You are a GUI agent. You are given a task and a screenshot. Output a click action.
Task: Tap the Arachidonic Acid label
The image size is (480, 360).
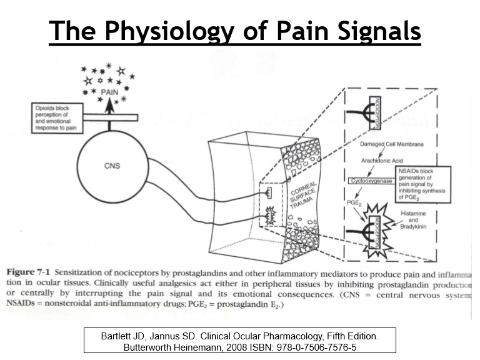click(x=382, y=161)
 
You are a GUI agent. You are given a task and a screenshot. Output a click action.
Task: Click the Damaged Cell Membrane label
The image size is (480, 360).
click(x=392, y=144)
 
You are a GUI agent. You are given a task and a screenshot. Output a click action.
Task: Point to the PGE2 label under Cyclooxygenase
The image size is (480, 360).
click(x=354, y=203)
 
